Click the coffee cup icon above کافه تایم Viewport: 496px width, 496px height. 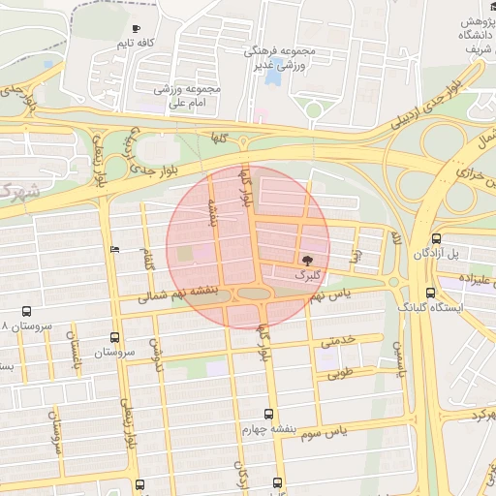point(136,28)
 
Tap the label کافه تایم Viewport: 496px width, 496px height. point(135,44)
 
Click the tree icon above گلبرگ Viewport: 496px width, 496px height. point(308,260)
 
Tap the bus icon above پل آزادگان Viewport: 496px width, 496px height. point(436,237)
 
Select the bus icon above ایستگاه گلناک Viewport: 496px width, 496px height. point(430,293)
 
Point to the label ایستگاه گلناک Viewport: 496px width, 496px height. point(436,308)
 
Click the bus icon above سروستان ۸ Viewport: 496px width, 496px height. point(26,312)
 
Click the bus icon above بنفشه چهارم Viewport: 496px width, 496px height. point(268,414)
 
